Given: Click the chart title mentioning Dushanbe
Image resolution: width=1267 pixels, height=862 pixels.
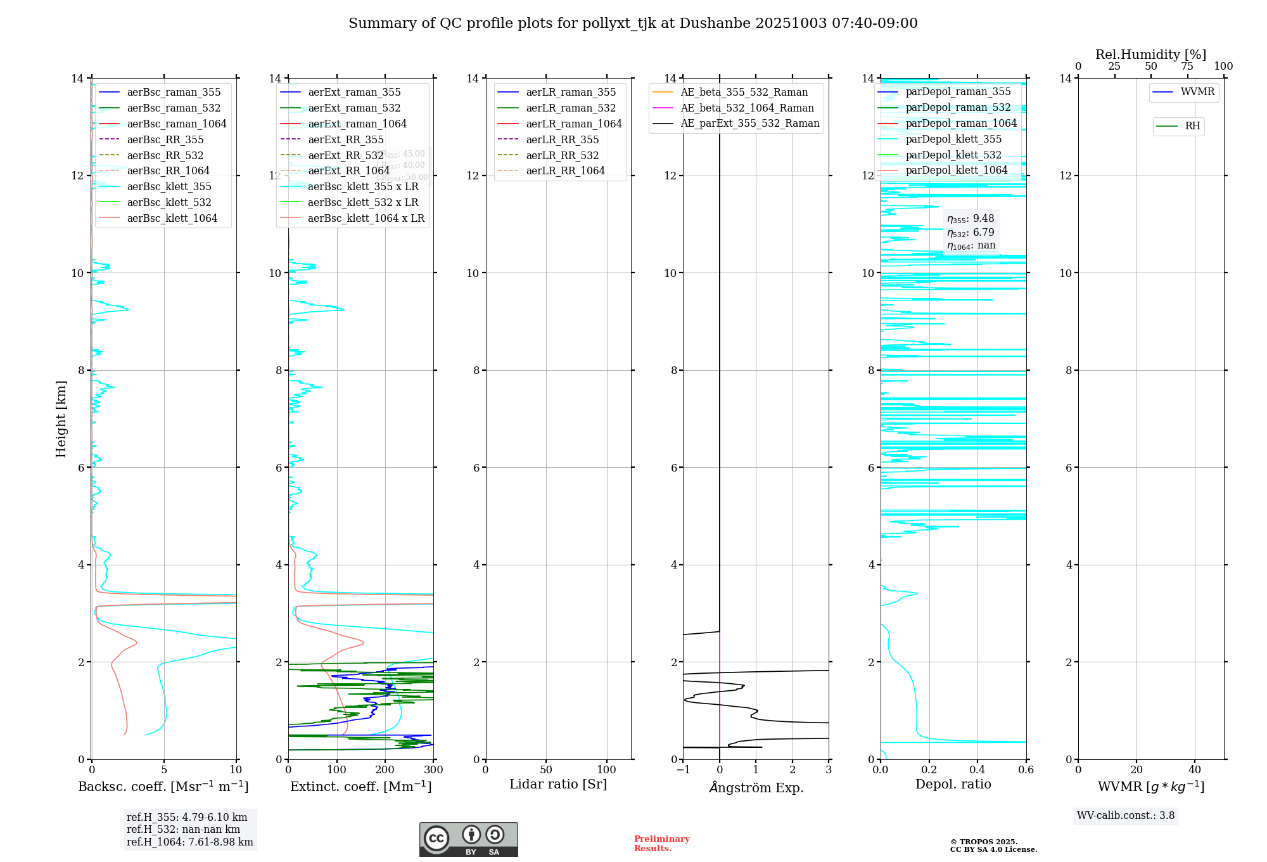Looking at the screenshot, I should pos(633,23).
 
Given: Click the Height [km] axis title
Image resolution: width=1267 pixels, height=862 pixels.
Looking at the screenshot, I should pos(61,419).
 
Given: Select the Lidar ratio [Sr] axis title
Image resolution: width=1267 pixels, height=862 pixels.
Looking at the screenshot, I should pos(558,784).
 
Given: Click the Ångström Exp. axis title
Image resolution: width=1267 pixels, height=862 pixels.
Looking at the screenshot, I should pos(756,787).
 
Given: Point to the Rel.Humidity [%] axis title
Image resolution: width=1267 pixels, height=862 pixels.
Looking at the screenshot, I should pos(1150,55).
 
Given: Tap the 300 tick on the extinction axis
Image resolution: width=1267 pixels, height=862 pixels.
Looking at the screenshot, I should pos(434,770).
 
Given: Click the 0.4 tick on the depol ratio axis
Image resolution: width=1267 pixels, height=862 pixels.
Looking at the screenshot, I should pos(977,770).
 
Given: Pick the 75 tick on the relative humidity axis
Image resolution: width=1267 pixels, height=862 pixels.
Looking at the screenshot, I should pos(1187,67).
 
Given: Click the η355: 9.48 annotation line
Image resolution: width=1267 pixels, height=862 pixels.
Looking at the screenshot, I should pos(971,219).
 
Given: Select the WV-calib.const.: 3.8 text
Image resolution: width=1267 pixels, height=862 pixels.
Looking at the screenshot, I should pos(1126,816).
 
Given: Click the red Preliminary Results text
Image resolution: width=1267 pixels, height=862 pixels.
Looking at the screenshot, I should pos(661,844).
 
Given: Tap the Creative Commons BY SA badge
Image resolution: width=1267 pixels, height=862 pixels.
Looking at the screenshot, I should pos(468,839).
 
